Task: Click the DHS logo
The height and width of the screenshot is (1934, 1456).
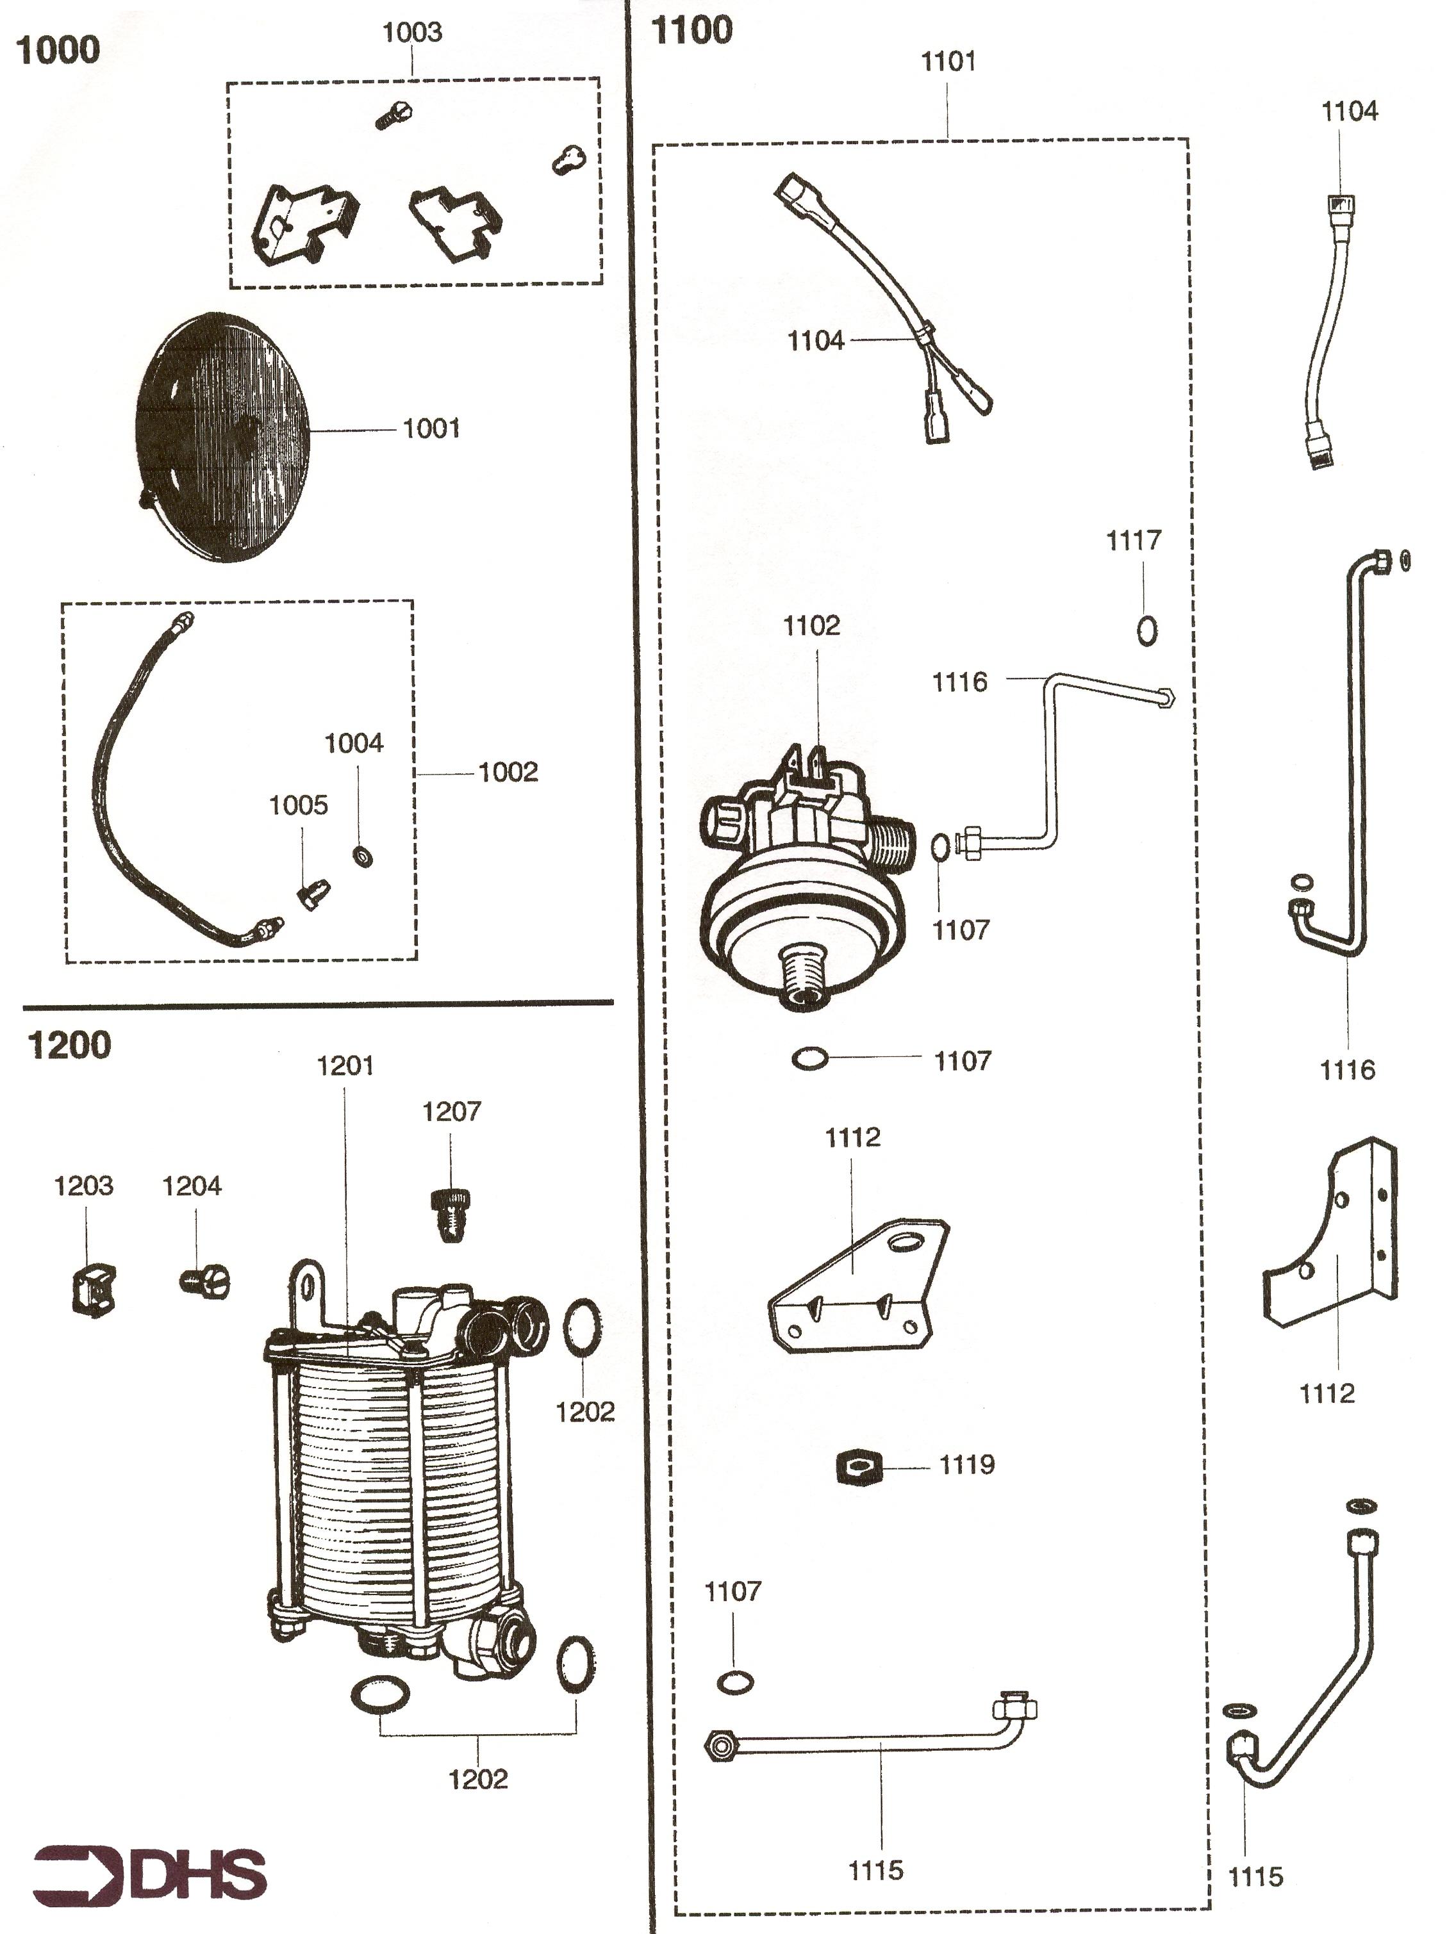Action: [149, 1872]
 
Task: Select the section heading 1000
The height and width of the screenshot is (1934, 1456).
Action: [58, 50]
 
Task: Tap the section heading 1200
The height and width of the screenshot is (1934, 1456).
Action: [70, 1045]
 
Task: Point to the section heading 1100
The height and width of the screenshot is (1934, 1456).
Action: [691, 31]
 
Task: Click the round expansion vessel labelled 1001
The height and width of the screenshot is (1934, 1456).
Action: [224, 436]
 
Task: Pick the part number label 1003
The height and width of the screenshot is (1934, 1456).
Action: [412, 32]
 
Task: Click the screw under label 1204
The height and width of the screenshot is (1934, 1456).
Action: [204, 1282]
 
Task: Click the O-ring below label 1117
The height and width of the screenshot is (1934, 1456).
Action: [1147, 630]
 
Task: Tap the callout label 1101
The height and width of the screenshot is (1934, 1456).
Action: [949, 62]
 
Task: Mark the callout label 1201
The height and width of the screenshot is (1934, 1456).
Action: [345, 1066]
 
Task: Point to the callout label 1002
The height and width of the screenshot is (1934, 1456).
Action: [508, 772]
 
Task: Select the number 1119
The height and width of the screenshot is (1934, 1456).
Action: [966, 1464]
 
